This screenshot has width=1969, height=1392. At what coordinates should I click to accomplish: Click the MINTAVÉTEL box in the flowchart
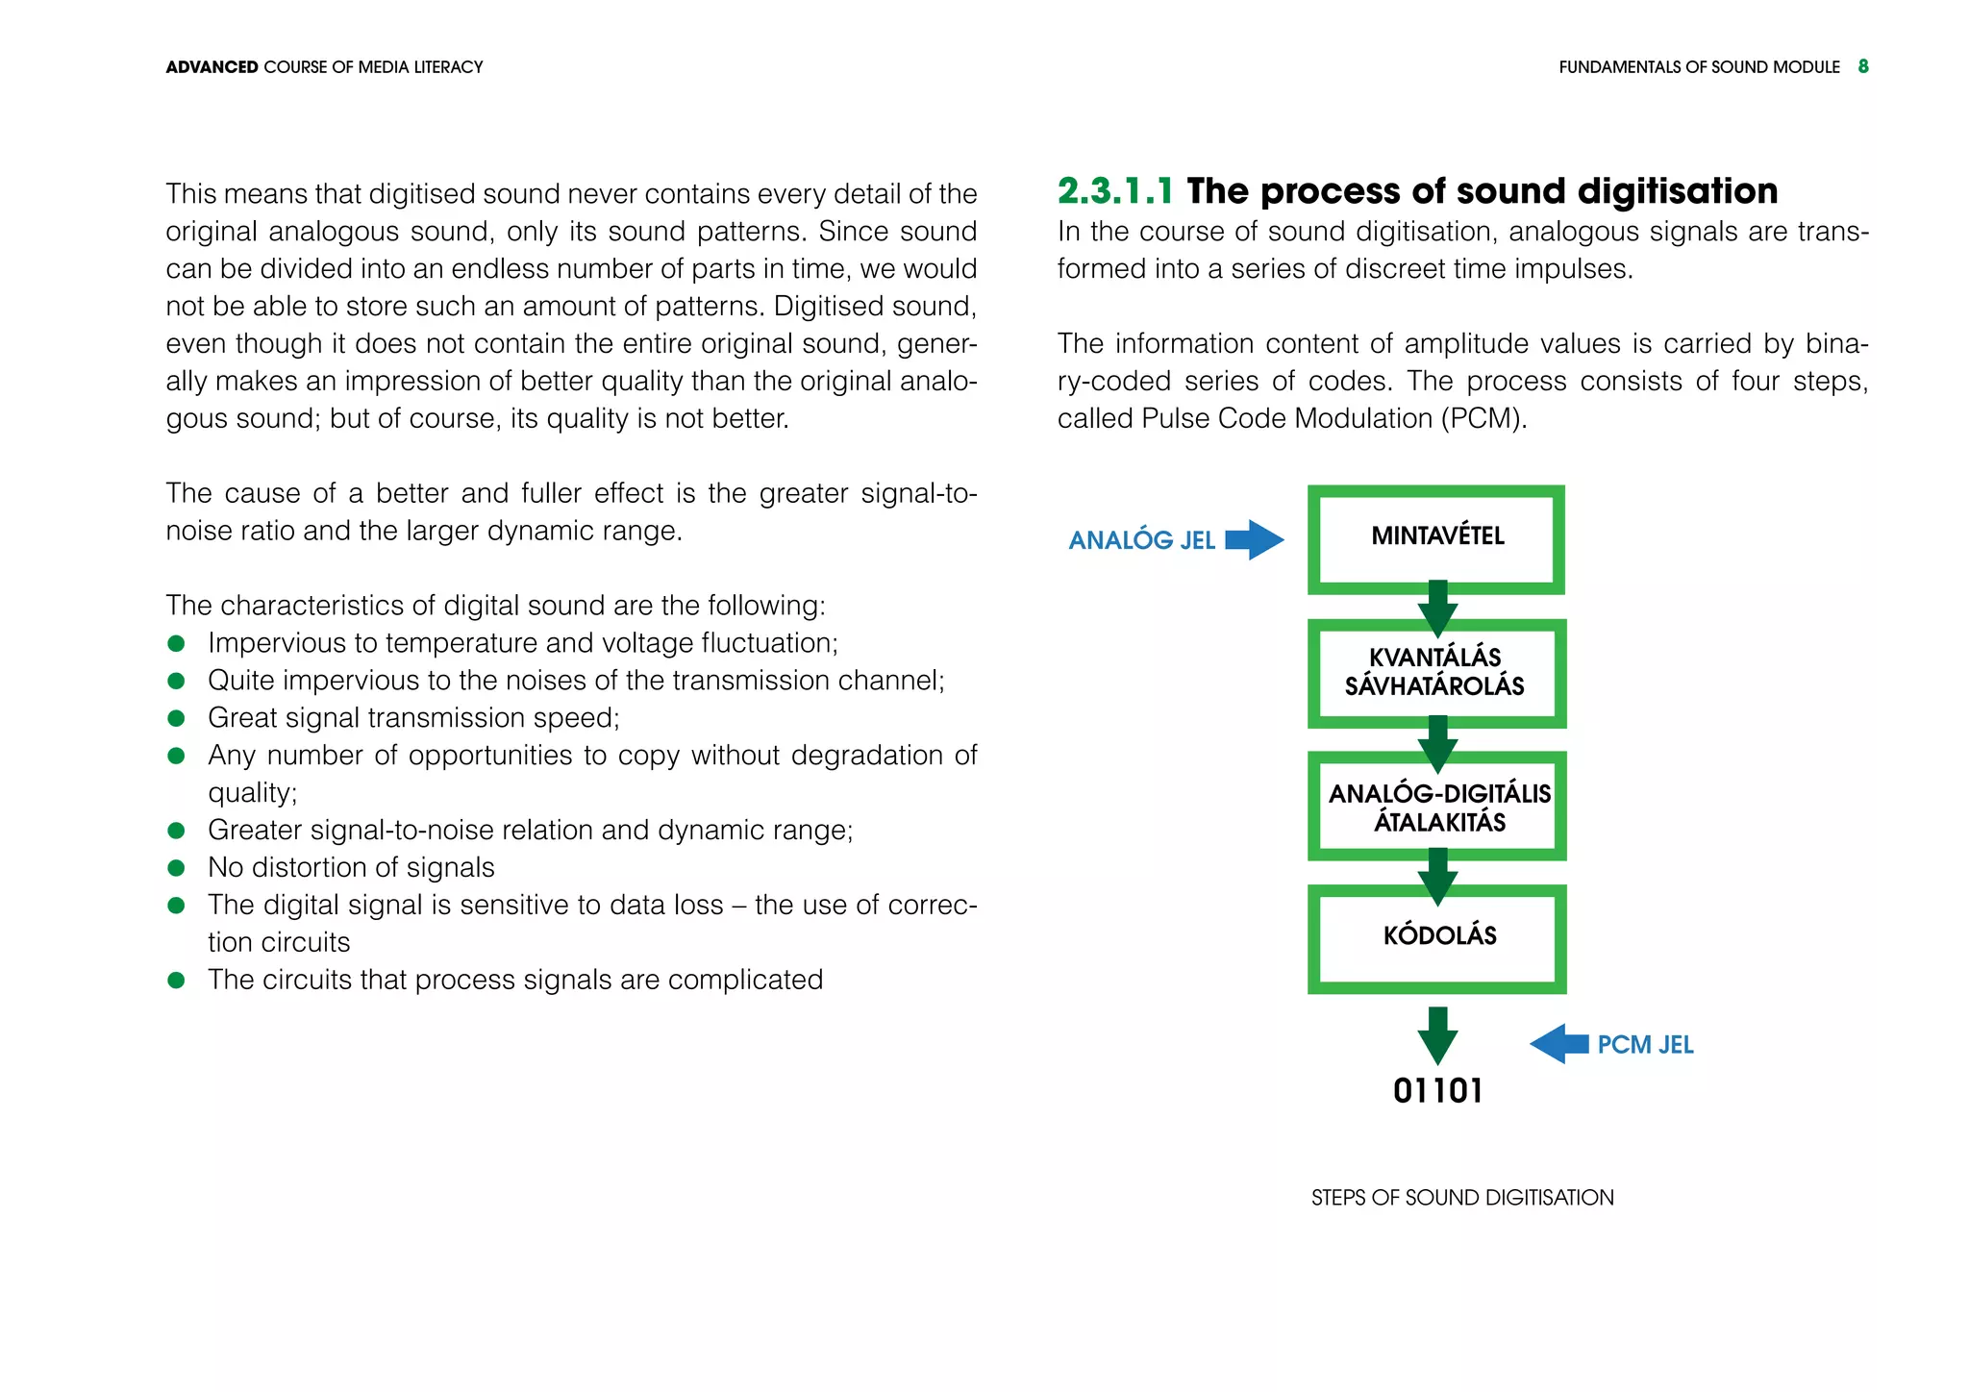point(1436,537)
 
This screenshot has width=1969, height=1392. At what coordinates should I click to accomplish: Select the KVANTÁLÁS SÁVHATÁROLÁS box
point(1436,672)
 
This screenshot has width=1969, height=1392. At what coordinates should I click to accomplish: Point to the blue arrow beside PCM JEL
point(1558,1043)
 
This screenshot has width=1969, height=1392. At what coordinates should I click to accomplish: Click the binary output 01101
point(1437,1091)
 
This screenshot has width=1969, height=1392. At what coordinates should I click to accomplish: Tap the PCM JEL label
point(1645,1045)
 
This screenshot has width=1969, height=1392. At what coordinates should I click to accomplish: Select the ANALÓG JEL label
point(1142,540)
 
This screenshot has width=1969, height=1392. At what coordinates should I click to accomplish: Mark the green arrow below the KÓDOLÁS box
point(1437,1034)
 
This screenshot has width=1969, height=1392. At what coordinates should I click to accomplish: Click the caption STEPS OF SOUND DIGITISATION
point(1462,1198)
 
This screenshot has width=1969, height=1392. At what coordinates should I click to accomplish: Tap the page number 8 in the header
point(1863,66)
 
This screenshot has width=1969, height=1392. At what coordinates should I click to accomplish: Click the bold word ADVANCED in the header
point(212,67)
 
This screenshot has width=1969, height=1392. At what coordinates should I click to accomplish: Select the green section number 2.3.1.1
point(1115,191)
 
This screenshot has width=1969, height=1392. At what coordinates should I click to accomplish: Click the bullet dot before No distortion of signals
point(176,868)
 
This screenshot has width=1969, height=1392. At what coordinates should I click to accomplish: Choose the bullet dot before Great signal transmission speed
point(176,718)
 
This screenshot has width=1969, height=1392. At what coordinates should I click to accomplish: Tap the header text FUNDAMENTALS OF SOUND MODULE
point(1699,67)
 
